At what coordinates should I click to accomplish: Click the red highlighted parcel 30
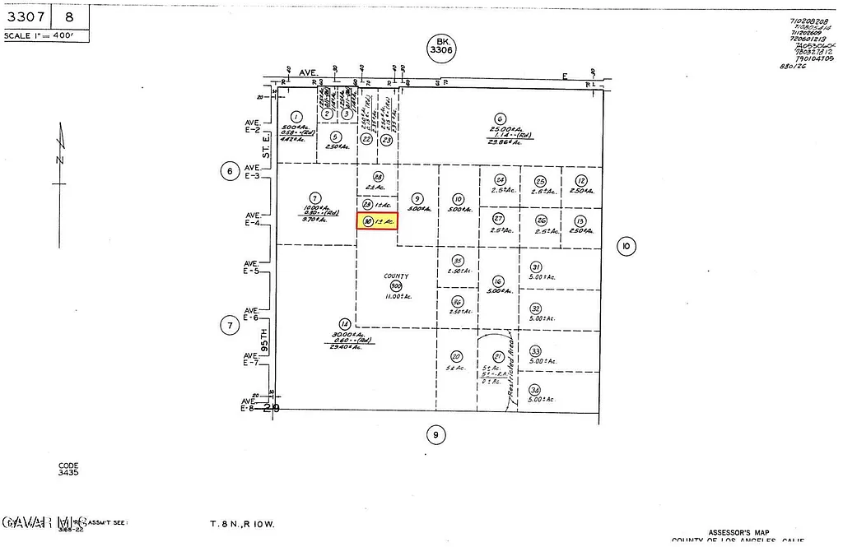(377, 220)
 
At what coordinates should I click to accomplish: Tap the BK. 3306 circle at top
(441, 46)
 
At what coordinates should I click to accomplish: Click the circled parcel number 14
(344, 323)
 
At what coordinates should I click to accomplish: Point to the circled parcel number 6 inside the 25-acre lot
(499, 118)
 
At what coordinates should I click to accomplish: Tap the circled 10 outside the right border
(626, 245)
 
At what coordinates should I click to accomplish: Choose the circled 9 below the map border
(437, 433)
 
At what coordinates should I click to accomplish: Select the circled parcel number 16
(497, 280)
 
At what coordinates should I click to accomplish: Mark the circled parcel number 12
(581, 181)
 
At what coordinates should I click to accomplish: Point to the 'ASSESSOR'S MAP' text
(738, 532)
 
